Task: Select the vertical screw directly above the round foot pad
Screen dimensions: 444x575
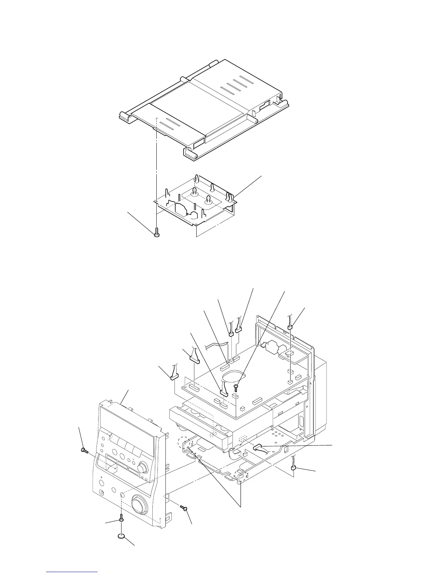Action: tap(121, 519)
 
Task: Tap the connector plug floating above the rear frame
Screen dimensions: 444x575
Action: tap(290, 327)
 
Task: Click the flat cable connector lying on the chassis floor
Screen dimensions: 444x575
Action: tap(261, 446)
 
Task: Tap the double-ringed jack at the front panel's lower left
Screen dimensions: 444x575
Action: tap(102, 493)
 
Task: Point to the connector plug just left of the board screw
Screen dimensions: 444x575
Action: tap(223, 393)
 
